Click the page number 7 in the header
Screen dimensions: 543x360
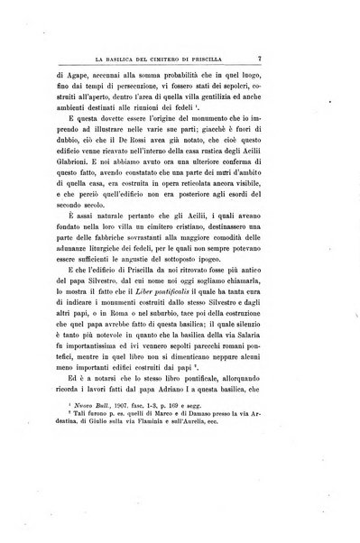(x=309, y=55)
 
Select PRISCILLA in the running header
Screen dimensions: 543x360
(x=245, y=56)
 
